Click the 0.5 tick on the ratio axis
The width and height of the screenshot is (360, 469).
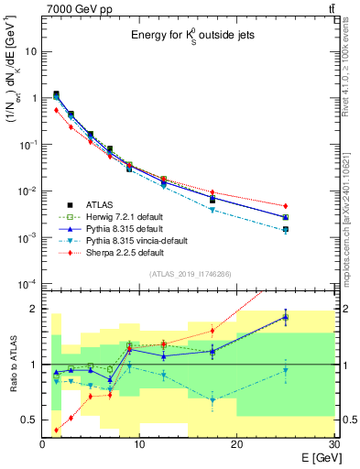pos(29,420)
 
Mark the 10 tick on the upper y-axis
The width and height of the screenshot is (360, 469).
pos(31,51)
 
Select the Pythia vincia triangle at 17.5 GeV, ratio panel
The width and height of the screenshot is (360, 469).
pos(213,399)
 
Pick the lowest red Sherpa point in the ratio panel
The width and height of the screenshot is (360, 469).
pos(57,430)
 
